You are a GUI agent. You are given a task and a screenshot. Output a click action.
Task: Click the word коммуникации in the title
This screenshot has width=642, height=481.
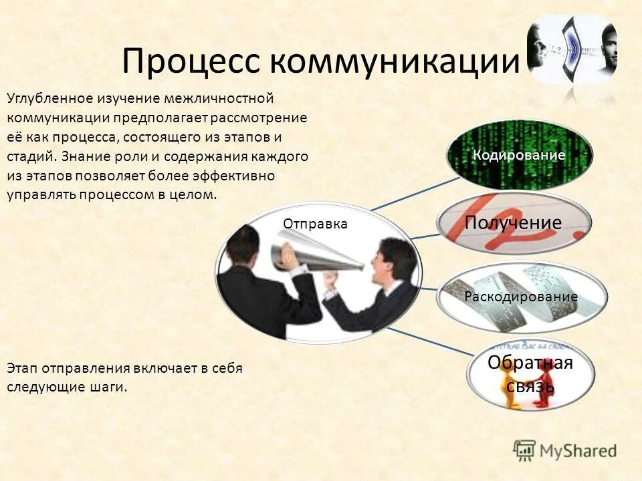(x=395, y=62)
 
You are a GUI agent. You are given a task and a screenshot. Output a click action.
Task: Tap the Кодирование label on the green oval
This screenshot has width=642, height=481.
(x=519, y=155)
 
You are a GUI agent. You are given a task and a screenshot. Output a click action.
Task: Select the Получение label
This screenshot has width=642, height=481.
(x=513, y=222)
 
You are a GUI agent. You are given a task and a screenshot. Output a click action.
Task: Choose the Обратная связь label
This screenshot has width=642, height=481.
(x=530, y=374)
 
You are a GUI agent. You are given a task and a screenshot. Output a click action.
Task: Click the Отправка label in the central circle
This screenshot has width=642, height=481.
(x=315, y=224)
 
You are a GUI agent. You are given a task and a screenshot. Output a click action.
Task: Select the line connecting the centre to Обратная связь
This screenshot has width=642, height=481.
(x=428, y=345)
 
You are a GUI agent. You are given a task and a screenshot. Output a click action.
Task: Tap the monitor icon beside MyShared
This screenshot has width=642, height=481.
(x=524, y=450)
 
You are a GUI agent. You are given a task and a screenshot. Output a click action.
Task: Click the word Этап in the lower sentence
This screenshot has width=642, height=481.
(x=23, y=368)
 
